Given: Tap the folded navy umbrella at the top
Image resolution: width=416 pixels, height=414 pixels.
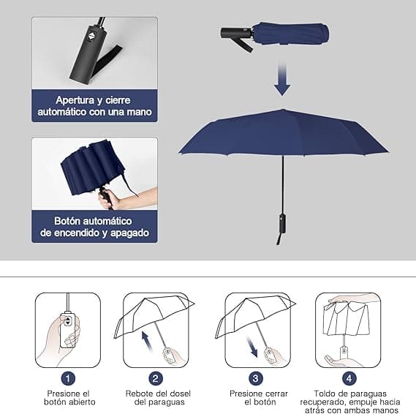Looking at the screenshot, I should [x=290, y=33].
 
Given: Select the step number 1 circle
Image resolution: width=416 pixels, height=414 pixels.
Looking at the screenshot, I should [x=68, y=378].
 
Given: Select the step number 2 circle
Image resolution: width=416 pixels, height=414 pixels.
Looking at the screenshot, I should [x=155, y=378].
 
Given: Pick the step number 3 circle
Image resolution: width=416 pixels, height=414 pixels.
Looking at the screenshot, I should [x=255, y=378].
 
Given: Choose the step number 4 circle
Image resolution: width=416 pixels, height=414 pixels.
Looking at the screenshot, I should [x=348, y=378].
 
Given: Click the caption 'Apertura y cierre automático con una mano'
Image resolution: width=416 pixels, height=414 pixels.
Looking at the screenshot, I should [x=94, y=106].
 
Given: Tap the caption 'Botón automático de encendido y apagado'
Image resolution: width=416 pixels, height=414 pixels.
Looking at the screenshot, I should [x=94, y=227].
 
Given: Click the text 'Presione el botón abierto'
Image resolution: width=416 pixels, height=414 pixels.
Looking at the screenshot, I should [x=68, y=397].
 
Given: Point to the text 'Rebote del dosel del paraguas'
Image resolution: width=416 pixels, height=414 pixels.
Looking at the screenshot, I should [x=155, y=397].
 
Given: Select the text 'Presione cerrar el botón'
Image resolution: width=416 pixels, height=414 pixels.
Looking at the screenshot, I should [x=255, y=397].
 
